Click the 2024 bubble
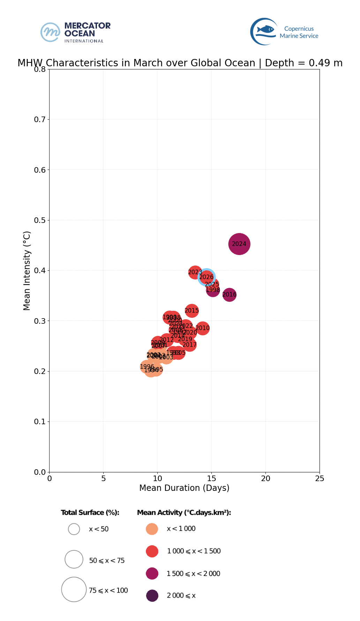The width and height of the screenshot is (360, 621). [239, 244]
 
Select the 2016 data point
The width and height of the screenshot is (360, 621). [229, 295]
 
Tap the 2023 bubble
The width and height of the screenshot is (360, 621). [195, 272]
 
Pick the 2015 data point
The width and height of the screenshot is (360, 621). [192, 310]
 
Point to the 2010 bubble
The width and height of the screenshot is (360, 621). [202, 328]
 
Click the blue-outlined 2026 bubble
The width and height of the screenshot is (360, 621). [207, 277]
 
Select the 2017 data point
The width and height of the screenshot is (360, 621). [189, 345]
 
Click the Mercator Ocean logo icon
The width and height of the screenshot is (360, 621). [50, 32]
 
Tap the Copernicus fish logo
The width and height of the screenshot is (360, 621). [264, 31]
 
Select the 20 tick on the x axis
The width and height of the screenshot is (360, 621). [265, 479]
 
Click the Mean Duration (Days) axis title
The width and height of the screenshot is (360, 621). [184, 488]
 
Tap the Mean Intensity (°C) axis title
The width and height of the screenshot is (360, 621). [27, 271]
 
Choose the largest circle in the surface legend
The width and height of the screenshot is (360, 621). [74, 589]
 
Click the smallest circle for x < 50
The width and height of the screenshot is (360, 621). [74, 529]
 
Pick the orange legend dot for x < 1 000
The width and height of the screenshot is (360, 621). [152, 529]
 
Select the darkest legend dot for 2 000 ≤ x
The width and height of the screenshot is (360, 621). [152, 596]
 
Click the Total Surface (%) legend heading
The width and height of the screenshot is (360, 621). [90, 512]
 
